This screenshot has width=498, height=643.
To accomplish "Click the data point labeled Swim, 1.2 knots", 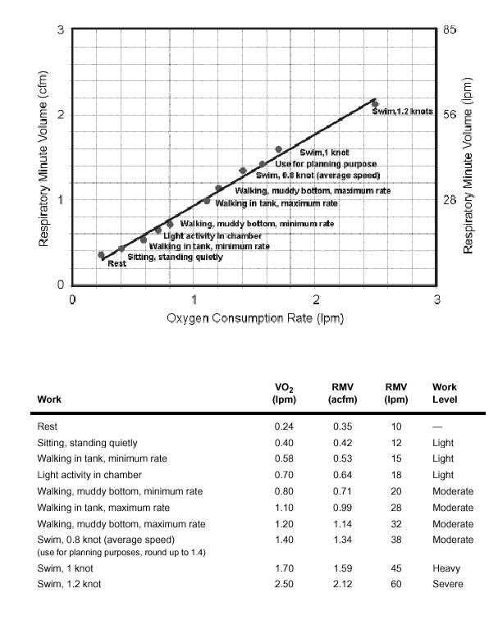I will (x=375, y=104).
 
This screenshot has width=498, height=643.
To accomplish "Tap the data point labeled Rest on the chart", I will (x=101, y=255).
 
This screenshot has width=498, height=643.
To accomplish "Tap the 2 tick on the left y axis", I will (x=60, y=115).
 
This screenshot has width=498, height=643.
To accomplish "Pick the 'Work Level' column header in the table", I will (x=444, y=394).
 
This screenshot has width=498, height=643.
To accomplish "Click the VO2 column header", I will (x=283, y=394).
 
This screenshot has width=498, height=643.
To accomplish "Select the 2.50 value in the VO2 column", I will (x=284, y=584).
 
